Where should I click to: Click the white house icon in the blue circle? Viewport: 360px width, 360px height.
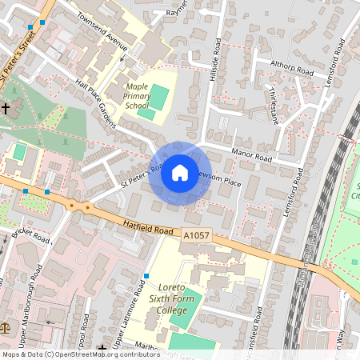(x=180, y=173)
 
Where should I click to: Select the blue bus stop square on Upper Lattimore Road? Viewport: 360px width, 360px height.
(x=146, y=276)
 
